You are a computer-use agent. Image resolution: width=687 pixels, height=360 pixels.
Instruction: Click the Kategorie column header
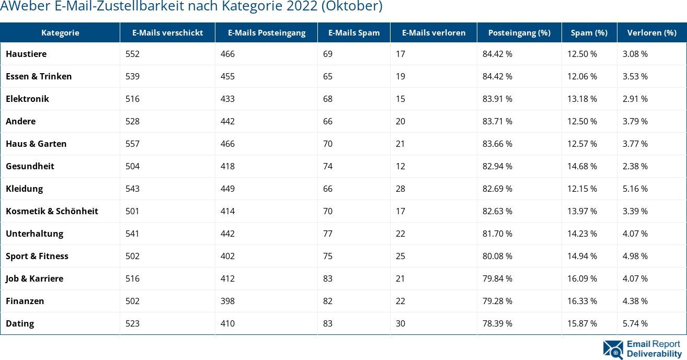coord(60,32)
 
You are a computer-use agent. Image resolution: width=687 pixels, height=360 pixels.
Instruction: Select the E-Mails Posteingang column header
coord(267,32)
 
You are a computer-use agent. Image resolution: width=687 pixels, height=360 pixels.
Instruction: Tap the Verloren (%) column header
coord(652,32)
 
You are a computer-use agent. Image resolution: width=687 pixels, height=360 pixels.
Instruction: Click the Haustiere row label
coord(26,54)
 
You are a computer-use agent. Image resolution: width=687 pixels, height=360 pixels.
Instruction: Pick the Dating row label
coord(20,323)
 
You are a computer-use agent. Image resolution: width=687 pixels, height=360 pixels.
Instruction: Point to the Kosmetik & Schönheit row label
coord(52,211)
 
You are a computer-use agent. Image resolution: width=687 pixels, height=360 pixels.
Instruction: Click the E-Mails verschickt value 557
coord(132,144)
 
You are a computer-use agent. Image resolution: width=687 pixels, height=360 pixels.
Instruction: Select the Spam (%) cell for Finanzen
coord(582,301)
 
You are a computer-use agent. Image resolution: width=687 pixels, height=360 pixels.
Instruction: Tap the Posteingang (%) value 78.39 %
coord(497,323)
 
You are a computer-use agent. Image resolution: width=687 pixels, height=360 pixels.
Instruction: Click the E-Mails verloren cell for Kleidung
coord(400,189)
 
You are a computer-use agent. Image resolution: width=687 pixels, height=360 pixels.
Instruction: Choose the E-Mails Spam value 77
coord(328,234)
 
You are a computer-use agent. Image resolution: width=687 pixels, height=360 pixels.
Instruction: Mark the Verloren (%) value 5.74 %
coord(635,323)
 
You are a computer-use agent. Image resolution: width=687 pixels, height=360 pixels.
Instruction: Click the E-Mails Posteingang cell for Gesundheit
coord(227,166)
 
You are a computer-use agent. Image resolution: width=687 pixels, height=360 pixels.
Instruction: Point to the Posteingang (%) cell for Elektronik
coord(497,99)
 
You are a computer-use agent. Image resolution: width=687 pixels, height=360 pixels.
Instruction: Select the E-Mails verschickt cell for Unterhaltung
coord(132,234)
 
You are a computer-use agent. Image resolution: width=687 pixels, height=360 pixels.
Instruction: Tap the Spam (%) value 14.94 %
coord(582,256)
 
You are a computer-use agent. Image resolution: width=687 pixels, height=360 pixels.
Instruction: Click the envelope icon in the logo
coord(613,350)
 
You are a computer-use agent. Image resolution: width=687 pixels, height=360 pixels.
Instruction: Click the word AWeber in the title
coord(20,6)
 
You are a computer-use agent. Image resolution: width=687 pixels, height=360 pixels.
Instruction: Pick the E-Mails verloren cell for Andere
coord(400,121)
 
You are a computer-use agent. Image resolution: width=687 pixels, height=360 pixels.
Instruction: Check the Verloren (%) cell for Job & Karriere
coord(635,278)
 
